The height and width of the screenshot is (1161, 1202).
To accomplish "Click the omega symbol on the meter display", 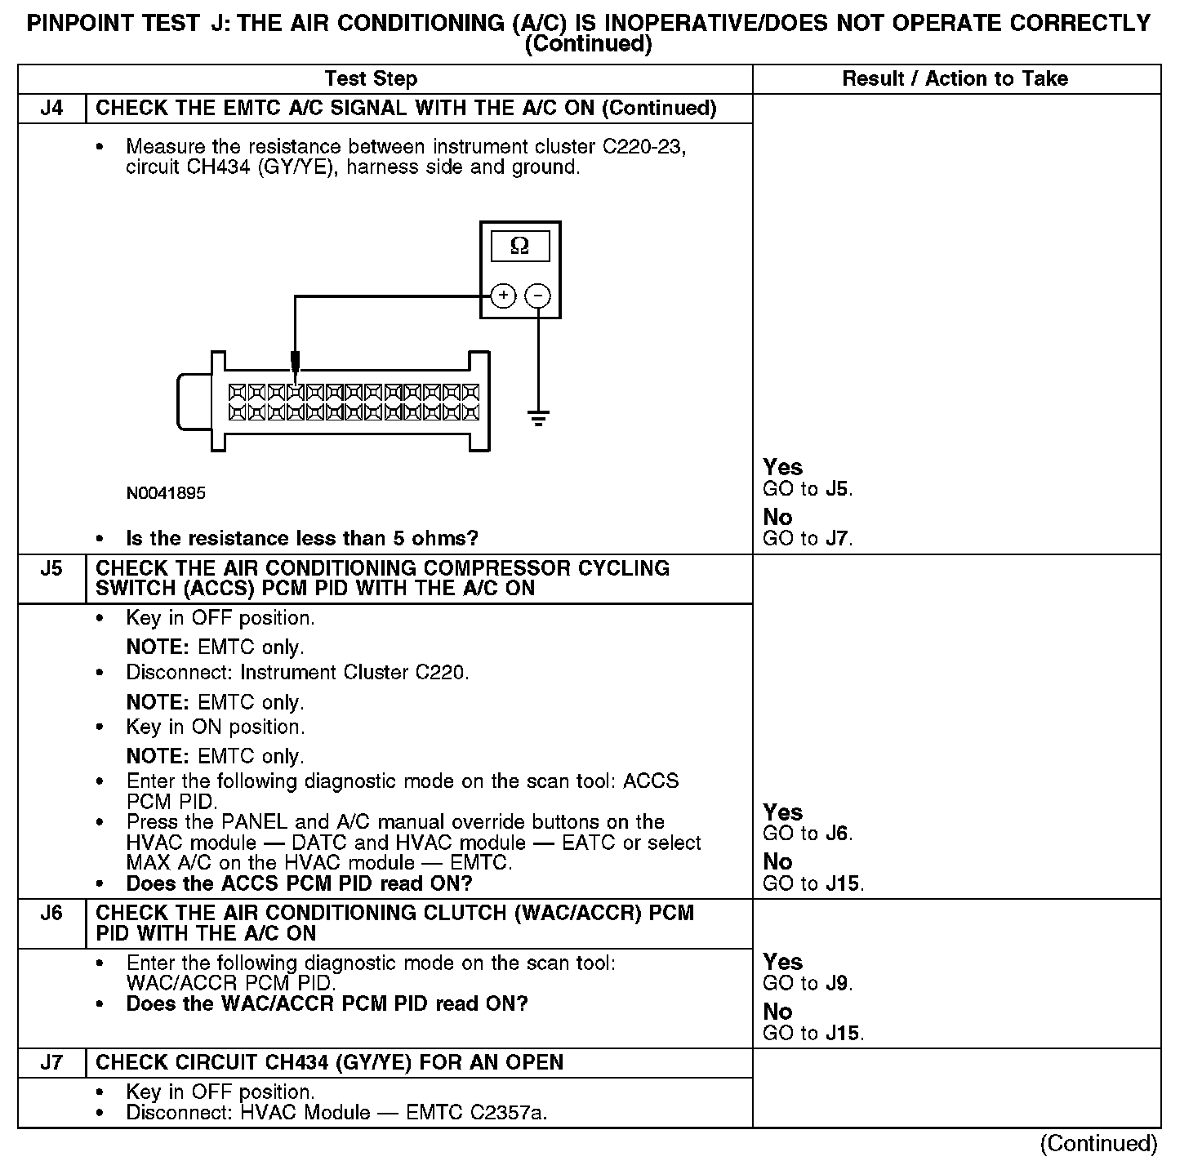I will point(519,246).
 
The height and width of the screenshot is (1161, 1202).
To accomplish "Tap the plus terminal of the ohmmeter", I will point(504,296).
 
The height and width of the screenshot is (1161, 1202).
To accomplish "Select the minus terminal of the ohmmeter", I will point(537,296).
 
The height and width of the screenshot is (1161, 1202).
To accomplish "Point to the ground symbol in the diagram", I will point(538,419).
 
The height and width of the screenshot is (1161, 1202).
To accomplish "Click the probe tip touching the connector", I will point(296,363).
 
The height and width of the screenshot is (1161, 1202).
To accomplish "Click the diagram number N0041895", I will point(166,493).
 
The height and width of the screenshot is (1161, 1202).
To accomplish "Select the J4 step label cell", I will point(51,109).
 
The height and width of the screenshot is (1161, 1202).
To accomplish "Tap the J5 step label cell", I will point(51,569).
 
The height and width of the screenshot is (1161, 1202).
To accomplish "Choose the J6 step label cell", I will point(51,914).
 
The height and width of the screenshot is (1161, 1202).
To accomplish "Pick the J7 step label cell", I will point(51,1063).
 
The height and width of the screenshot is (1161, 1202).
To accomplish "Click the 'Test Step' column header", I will point(371,79).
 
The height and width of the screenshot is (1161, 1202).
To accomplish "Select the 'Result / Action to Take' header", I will point(955,79).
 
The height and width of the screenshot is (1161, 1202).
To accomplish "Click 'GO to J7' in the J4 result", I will point(808,539).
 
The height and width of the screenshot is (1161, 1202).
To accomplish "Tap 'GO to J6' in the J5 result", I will point(808,834).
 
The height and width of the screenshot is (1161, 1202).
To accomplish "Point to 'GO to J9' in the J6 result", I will point(808,984).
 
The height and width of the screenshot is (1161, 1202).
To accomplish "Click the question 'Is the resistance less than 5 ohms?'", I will point(302,539).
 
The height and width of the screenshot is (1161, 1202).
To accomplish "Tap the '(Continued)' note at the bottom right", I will point(1098,1144).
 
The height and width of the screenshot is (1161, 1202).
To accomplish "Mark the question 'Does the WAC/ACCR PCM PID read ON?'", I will point(327,1004).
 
